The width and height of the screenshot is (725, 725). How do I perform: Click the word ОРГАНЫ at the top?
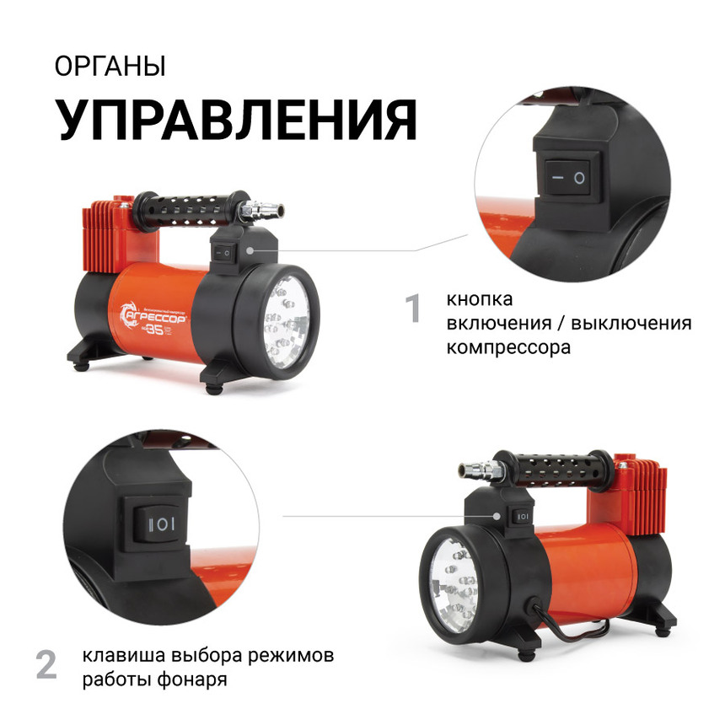pos(110,67)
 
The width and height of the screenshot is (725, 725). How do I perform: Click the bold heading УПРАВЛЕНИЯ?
pos(236,120)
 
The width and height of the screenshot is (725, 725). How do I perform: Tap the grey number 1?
pos(413,309)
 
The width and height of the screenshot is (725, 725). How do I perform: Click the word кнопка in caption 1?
pos(480,299)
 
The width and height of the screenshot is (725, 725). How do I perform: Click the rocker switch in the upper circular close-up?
pos(566,177)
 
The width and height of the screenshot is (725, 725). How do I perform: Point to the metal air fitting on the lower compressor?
pos(472,470)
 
